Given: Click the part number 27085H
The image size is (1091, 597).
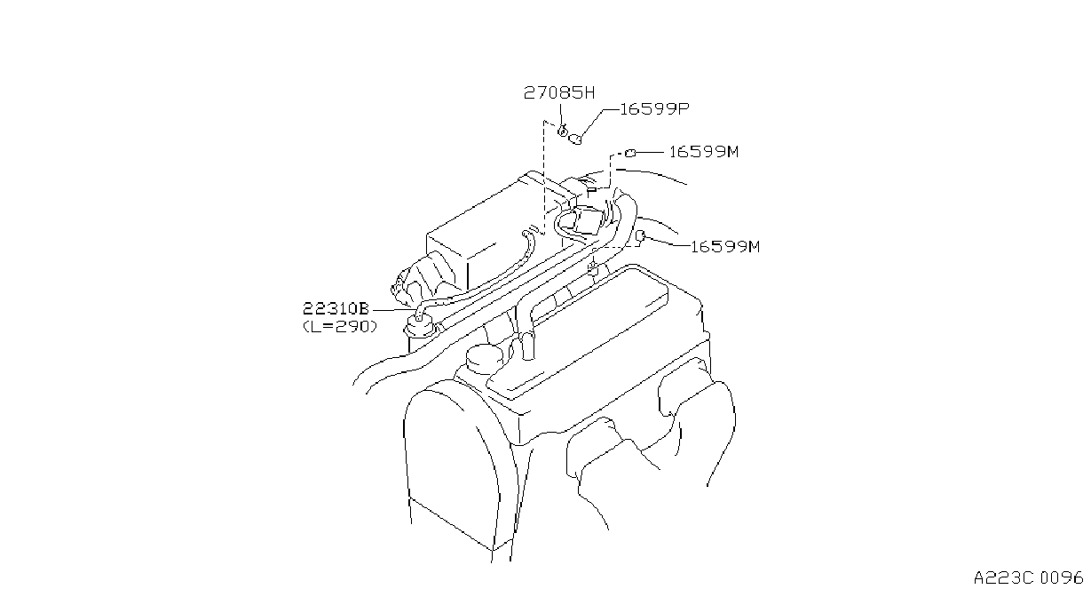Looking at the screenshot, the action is pos(559,92).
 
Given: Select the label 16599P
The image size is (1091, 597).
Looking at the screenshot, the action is pos(654,108).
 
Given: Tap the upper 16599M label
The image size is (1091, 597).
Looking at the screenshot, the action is pos(704,152).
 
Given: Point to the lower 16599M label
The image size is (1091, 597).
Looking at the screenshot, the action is pos(725,247).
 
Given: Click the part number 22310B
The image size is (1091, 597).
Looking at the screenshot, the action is pos(336,308).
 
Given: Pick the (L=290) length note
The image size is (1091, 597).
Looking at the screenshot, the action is pos(340,326).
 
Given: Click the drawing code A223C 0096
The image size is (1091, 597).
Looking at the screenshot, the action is pos(1029,577).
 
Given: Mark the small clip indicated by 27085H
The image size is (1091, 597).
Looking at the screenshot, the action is pos(562,131).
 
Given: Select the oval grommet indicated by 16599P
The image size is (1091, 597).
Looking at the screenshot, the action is pos(575,139).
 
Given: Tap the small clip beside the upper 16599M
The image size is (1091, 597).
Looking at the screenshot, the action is pos(629,154).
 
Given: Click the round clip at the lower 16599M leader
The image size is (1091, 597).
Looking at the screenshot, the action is pos(642,236).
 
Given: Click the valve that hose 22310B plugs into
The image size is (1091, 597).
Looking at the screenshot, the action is pos(419,325).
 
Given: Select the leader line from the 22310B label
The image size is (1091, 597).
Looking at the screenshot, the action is pos(392,310).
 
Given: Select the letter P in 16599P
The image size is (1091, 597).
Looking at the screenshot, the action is pos(684,108).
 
